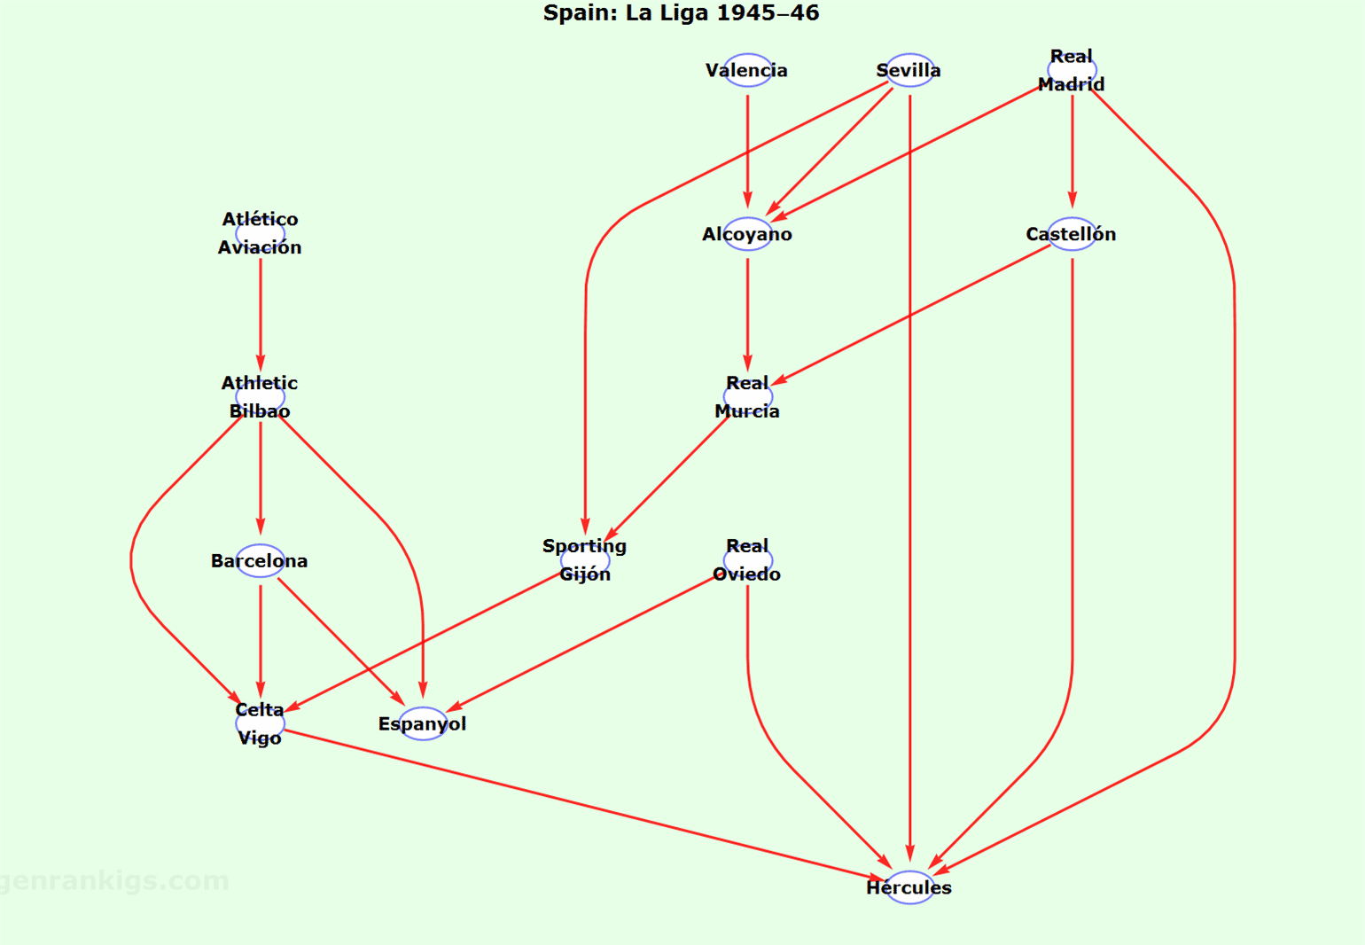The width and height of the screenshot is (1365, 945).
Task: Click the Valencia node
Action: pos(747,70)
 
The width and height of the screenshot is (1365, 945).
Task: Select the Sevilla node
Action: pos(909,70)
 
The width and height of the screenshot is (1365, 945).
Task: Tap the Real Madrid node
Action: pos(1072,70)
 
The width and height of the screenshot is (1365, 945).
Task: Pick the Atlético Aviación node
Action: pos(261,233)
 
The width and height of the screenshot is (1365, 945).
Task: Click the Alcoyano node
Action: pos(747,234)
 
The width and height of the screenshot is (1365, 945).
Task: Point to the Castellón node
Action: pos(1072,234)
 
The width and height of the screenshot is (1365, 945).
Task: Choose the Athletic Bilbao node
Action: pos(261,397)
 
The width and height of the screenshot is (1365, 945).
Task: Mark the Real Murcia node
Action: pos(747,397)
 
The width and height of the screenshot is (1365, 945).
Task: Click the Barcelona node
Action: pos(261,560)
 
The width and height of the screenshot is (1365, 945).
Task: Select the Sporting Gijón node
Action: pos(585,560)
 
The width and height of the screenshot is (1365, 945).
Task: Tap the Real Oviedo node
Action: pos(747,560)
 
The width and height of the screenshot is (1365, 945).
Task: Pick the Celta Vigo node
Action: pos(261,723)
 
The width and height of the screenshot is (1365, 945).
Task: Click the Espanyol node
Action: pos(423,723)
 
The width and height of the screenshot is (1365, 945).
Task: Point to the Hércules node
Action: pos(909,887)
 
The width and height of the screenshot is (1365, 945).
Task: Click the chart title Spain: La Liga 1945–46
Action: pos(681,13)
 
